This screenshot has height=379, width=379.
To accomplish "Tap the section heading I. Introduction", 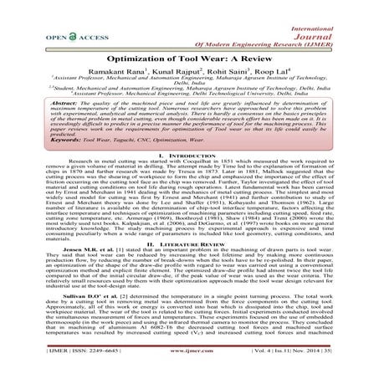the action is point(189,167).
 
